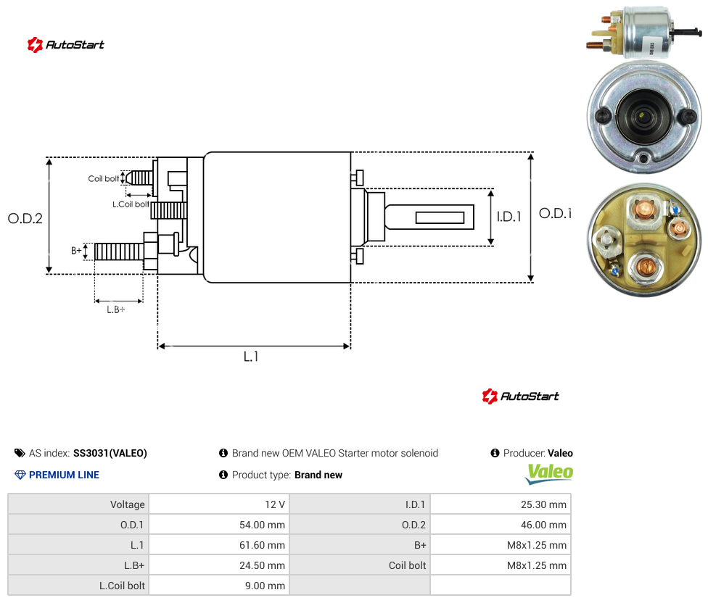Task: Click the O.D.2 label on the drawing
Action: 25,218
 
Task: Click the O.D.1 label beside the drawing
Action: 556,213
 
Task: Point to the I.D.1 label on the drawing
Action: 509,217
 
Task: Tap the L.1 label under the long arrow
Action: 251,357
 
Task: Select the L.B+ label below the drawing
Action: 116,309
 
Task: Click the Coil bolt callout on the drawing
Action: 104,178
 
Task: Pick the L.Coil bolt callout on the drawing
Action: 131,204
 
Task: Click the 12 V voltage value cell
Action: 220,504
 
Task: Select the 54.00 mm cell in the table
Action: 220,525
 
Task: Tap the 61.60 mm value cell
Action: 220,545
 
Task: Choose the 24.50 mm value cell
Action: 220,565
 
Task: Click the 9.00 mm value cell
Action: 220,586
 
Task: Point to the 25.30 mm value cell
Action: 501,504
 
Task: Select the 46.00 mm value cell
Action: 501,525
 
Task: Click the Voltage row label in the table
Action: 78,504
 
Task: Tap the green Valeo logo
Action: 549,473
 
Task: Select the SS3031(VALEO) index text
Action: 110,453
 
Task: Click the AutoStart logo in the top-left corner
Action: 66,45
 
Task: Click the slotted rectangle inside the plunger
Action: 440,218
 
